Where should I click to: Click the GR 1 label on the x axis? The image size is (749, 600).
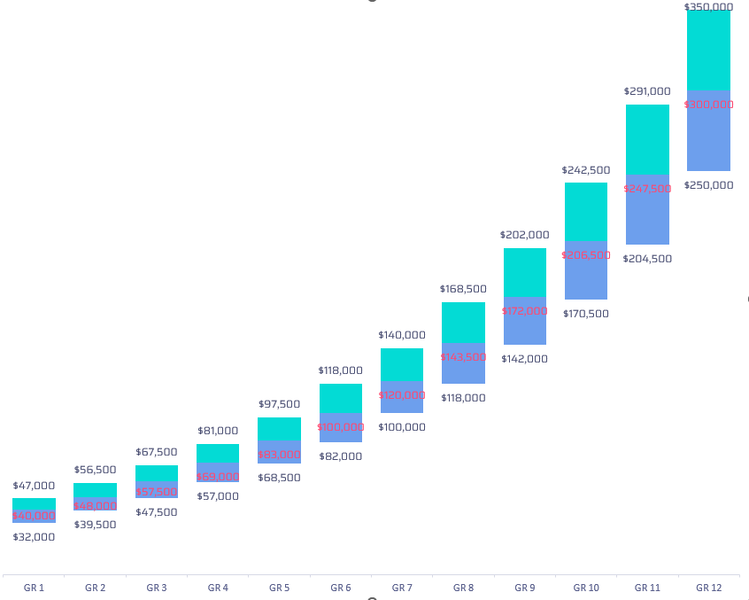[x=34, y=588]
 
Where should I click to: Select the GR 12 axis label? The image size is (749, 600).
[x=708, y=588]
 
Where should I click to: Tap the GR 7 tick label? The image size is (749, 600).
[x=402, y=588]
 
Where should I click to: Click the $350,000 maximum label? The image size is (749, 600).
[x=708, y=6]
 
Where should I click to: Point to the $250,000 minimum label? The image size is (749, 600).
[x=708, y=185]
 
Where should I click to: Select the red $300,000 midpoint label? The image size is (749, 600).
[x=708, y=105]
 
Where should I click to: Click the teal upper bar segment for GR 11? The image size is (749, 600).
[x=647, y=139]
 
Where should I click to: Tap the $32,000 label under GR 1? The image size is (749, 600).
[x=34, y=536]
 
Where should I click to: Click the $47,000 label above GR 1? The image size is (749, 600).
[x=34, y=486]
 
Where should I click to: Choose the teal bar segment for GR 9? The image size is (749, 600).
[x=525, y=272]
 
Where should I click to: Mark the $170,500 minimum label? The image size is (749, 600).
[x=586, y=313]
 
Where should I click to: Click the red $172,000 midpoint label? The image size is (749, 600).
[x=524, y=311]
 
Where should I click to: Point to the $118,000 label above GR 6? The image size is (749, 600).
[x=340, y=370]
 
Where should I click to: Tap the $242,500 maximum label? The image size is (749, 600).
[x=586, y=170]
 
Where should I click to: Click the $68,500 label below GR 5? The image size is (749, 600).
[x=279, y=478]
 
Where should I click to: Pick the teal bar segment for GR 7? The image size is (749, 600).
[x=402, y=363]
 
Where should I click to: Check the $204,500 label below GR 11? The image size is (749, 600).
[x=647, y=259]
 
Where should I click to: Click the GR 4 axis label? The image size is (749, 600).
[x=218, y=588]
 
